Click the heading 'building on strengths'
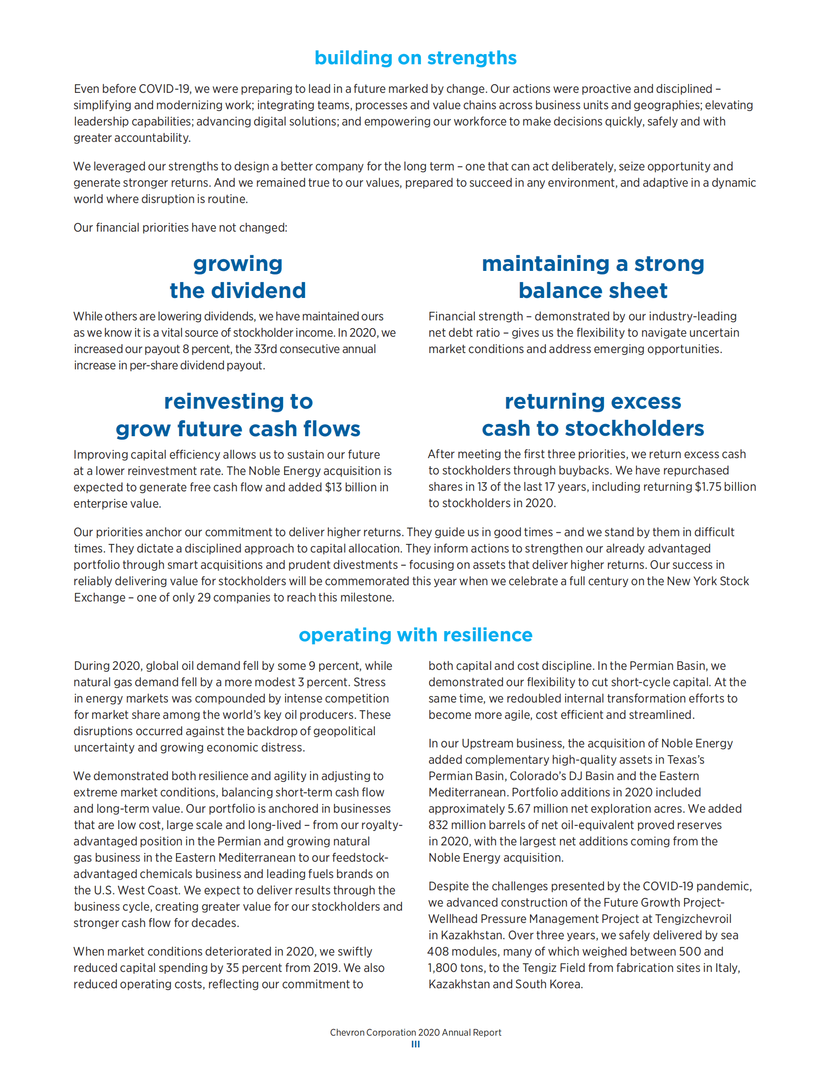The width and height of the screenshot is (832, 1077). coord(415,58)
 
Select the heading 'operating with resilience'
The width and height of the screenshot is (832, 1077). coord(415,635)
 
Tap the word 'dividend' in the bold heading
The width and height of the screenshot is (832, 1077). coord(259,291)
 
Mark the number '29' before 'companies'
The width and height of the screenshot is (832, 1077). coord(204,597)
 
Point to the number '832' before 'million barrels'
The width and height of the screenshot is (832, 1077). coord(438,825)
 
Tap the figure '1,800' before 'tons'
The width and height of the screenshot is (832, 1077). coord(443,968)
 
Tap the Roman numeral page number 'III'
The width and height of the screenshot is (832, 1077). coord(415,1044)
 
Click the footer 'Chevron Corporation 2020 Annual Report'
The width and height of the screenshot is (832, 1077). coord(415,1033)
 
